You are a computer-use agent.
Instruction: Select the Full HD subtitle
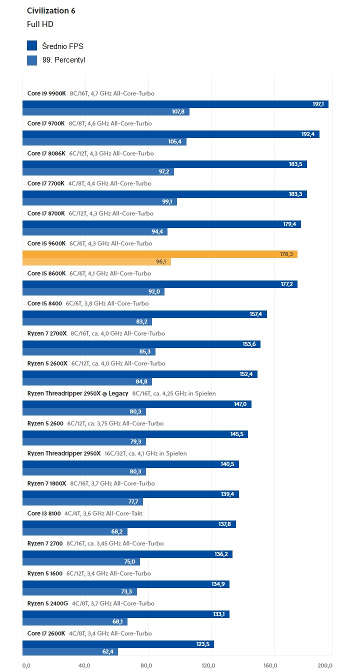[x=40, y=24]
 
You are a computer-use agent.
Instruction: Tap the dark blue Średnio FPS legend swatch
[x=32, y=46]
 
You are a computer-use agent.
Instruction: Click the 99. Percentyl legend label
[x=64, y=60]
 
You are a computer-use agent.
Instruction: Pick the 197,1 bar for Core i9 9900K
[x=175, y=104]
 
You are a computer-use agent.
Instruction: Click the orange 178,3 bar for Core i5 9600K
[x=160, y=254]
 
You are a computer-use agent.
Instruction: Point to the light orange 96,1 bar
[x=97, y=261]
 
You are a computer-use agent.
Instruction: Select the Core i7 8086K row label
[x=46, y=153]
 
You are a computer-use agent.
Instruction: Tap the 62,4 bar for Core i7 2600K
[x=70, y=651]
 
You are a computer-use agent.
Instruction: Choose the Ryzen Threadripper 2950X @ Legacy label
[x=77, y=393]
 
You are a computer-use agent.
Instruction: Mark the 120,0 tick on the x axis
[x=208, y=665]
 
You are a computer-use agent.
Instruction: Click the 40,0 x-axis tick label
[x=84, y=665]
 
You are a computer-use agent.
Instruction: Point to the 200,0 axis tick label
[x=325, y=665]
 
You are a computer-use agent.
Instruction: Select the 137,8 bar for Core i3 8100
[x=129, y=524]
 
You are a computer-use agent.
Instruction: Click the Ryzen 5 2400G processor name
[x=47, y=603]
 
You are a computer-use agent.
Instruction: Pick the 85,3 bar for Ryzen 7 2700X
[x=89, y=351]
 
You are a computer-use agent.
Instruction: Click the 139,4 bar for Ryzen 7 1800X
[x=130, y=494]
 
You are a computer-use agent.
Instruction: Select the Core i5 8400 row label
[x=44, y=303]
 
